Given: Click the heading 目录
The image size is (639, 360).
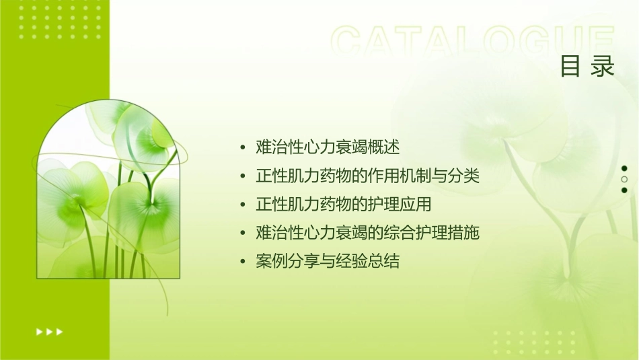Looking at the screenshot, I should point(587,67).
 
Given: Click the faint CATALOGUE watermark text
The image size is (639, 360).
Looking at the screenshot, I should point(473,42).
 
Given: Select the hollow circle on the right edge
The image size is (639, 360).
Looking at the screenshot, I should point(624,179).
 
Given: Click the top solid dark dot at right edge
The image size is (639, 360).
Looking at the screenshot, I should point(624,168).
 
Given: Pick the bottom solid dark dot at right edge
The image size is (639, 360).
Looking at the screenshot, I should point(624,190).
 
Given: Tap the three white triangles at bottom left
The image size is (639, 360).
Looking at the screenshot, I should point(49,331).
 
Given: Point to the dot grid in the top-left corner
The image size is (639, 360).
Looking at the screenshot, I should point(60,20).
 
